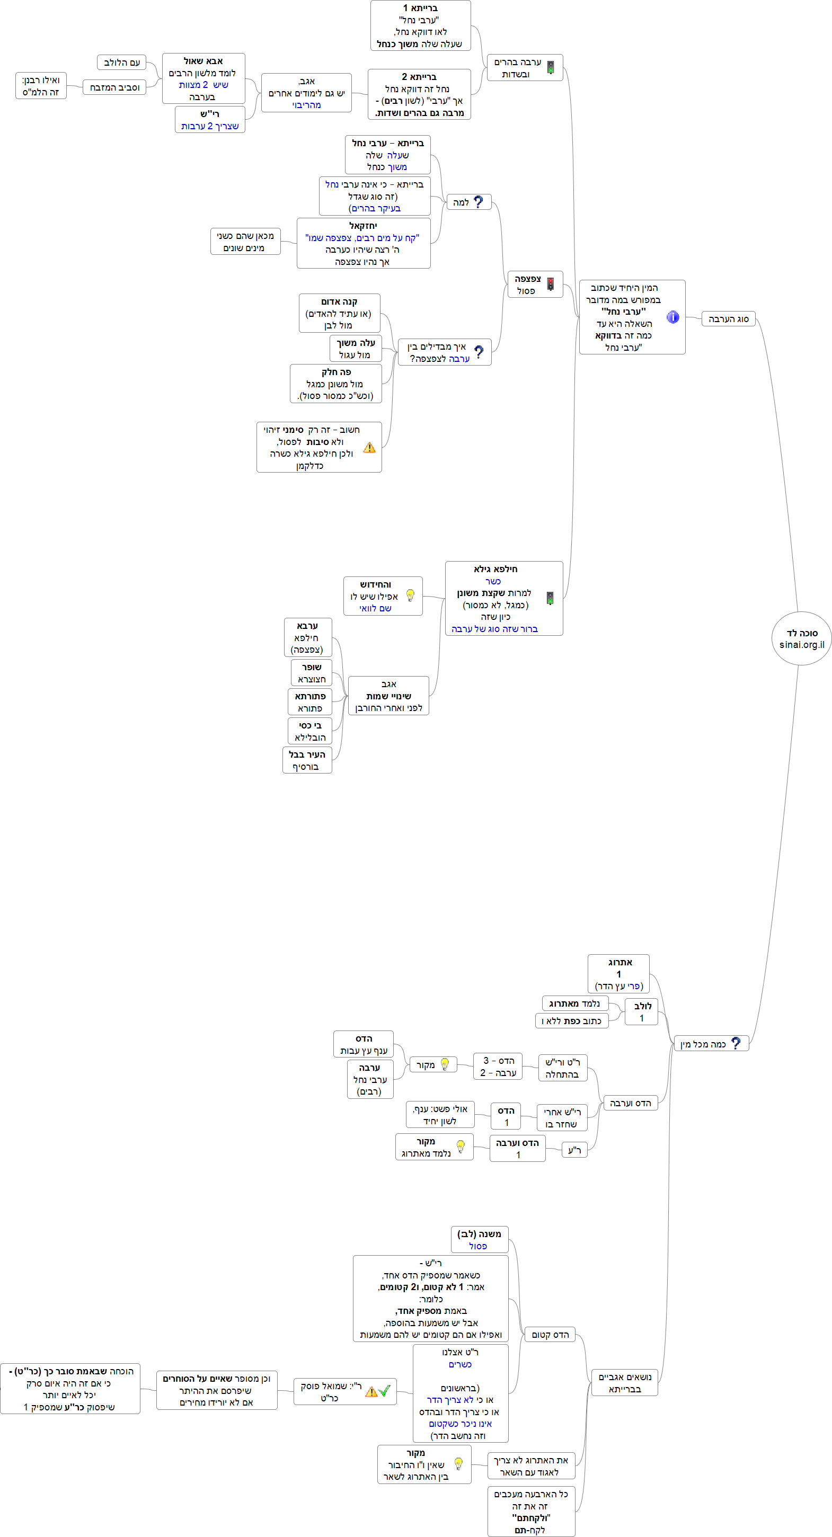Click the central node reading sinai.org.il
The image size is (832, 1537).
[801, 638]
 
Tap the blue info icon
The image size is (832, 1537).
[672, 317]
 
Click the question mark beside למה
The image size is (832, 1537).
[478, 202]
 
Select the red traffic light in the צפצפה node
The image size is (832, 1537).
[550, 284]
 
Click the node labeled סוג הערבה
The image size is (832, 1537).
[728, 319]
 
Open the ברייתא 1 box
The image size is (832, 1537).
[420, 25]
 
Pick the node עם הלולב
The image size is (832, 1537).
[122, 63]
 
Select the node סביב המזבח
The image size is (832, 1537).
[114, 88]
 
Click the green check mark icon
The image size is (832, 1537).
[385, 1391]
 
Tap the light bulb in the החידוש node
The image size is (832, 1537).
[411, 595]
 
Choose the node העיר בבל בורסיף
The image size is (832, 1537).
[307, 761]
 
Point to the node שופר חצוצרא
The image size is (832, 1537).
[312, 673]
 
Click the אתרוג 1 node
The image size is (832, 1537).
[618, 974]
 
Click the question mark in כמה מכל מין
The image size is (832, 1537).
[736, 1043]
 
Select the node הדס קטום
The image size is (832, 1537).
[550, 1335]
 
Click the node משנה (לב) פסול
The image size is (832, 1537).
[479, 1240]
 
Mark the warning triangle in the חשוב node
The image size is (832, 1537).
[369, 448]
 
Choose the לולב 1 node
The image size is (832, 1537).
[642, 1012]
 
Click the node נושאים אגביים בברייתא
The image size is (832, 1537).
[624, 1383]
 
